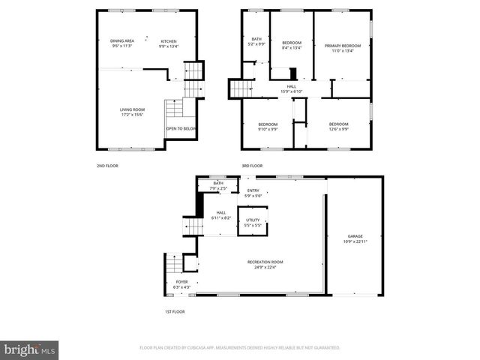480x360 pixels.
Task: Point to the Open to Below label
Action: coord(181,128)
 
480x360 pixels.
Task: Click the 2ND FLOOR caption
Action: coord(107,166)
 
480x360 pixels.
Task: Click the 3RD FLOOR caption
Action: coord(251,166)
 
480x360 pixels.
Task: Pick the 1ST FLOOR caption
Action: coord(174,311)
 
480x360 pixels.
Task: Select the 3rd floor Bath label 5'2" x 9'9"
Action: coord(256,41)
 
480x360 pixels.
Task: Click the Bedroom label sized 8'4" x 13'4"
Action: coord(291,45)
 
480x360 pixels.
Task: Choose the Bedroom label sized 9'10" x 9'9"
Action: coord(268,126)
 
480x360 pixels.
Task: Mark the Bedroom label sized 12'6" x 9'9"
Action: coord(338,126)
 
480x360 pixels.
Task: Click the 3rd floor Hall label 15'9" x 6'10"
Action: coord(291,89)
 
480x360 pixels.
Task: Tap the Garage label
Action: coord(355,238)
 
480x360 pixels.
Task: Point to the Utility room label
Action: coord(253,222)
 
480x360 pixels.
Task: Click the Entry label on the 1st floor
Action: coord(253,193)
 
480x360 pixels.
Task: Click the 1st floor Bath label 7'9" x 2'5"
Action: coord(218,185)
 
